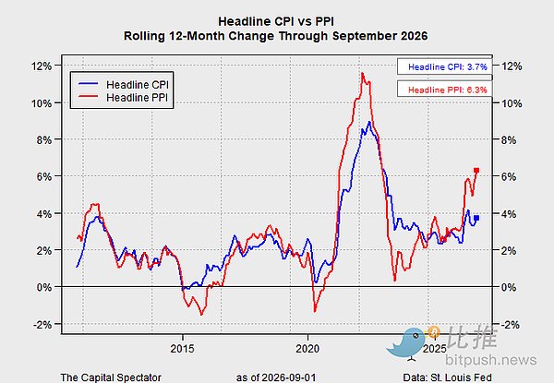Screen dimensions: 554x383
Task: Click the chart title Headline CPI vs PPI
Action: click(276, 21)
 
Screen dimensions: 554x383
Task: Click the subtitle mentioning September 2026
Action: click(275, 36)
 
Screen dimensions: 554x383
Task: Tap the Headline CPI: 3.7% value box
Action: click(444, 66)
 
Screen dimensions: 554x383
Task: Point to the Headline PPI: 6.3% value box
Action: click(444, 90)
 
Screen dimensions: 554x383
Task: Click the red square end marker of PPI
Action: click(476, 171)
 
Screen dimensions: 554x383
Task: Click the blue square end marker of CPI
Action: click(476, 218)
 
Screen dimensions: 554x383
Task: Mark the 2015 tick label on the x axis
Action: click(182, 349)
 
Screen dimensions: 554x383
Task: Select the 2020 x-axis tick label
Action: click(307, 349)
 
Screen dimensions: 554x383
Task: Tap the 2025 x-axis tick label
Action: click(435, 349)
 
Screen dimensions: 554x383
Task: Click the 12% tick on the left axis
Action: click(42, 66)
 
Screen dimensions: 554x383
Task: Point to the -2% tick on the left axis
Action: click(42, 324)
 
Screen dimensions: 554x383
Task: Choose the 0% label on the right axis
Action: click(509, 287)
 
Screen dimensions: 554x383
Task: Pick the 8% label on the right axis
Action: click(509, 139)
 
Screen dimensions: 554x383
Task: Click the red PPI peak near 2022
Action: click(362, 73)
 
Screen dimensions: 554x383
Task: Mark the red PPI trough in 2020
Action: click(315, 311)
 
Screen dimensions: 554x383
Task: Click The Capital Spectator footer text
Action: click(111, 377)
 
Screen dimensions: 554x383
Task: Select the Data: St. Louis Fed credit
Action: click(447, 377)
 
